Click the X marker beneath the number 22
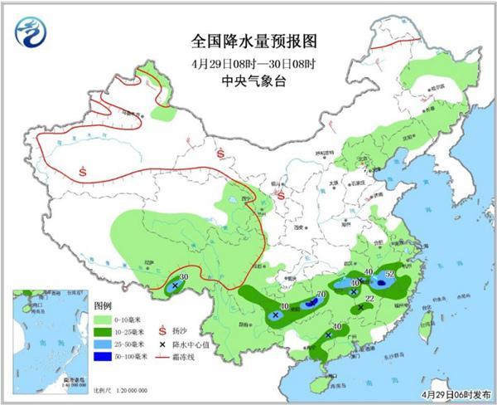360,308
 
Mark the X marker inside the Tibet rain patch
175,286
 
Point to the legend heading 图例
102,305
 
